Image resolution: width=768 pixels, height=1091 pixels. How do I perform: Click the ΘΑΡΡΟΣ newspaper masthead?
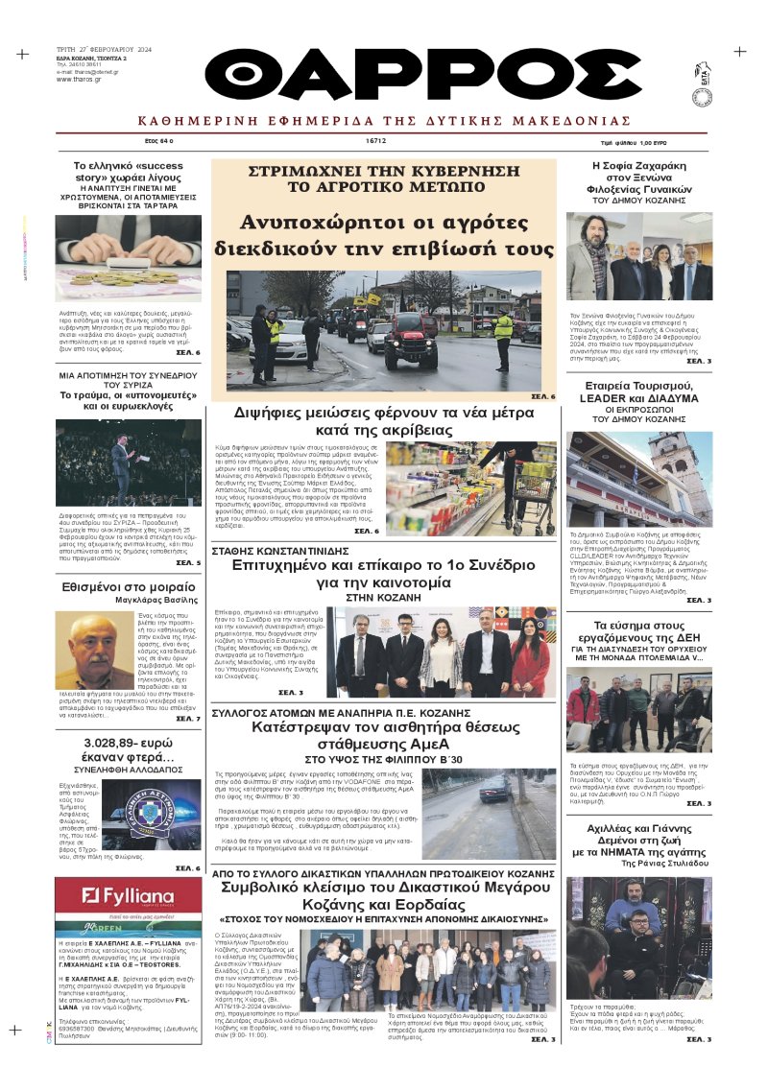click(422, 74)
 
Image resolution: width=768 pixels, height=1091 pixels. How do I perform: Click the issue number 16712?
click(375, 140)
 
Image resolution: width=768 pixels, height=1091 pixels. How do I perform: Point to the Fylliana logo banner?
click(127, 896)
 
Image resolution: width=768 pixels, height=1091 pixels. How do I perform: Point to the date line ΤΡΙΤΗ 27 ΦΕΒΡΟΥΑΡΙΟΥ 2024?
click(104, 49)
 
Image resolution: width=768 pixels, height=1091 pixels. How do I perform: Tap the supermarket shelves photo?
click(469, 487)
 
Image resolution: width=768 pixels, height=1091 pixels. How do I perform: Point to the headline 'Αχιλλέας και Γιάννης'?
click(639, 837)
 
